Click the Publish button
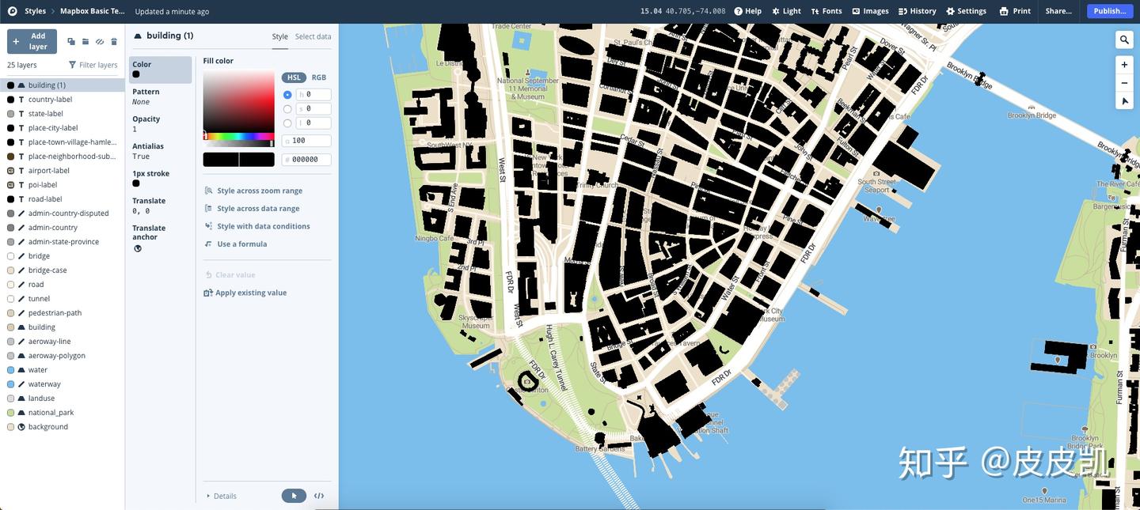(x=1110, y=11)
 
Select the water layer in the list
(x=38, y=370)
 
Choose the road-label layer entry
(x=45, y=199)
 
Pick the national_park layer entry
(x=51, y=413)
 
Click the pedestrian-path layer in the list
(x=55, y=313)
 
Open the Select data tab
(x=313, y=36)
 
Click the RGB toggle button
(x=318, y=77)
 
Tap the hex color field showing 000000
(x=310, y=160)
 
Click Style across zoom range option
(x=259, y=191)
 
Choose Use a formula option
(x=241, y=244)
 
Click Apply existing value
(x=250, y=293)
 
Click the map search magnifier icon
(x=1123, y=40)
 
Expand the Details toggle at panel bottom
(x=224, y=496)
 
